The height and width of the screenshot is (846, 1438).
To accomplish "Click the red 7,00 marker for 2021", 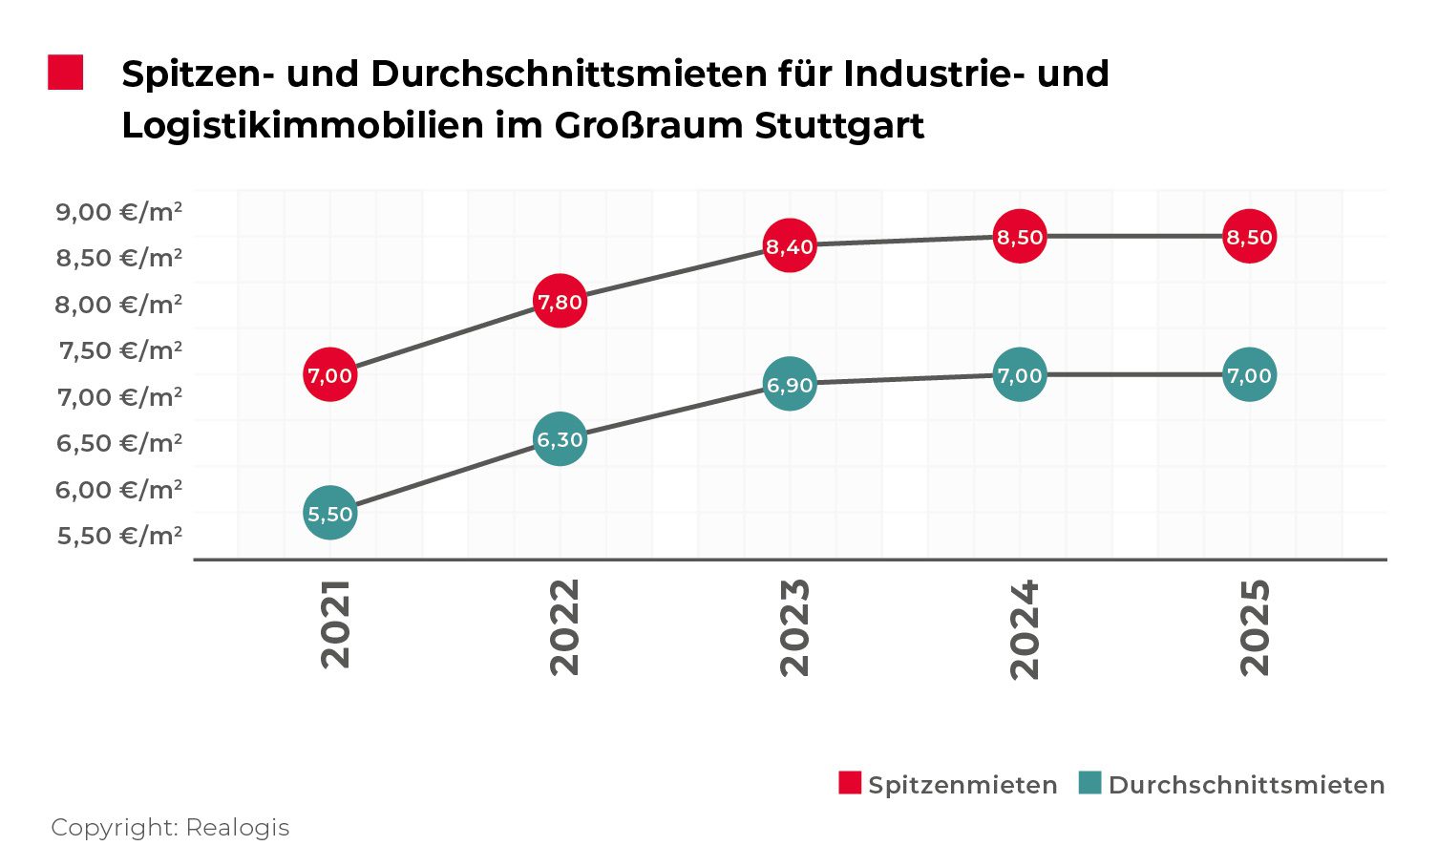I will tap(330, 375).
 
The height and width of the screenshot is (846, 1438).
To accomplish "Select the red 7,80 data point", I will tap(560, 302).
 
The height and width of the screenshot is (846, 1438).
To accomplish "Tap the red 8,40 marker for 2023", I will tap(790, 246).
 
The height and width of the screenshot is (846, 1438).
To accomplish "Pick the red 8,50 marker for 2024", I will tap(1020, 236).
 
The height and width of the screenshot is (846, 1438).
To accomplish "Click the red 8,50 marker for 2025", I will tap(1249, 236).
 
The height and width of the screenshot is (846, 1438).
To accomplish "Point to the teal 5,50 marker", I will tap(330, 514).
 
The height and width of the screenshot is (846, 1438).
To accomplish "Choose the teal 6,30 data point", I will tap(560, 439).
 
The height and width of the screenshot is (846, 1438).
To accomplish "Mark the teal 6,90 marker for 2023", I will tap(790, 384).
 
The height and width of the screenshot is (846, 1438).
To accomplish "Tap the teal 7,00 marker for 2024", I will tap(1020, 375).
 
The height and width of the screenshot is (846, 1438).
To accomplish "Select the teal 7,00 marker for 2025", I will tap(1249, 375).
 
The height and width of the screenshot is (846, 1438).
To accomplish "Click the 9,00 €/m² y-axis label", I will tap(119, 211).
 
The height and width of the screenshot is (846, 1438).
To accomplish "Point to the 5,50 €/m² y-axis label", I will tap(119, 536).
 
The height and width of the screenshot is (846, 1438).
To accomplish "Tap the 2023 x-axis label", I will tap(794, 626).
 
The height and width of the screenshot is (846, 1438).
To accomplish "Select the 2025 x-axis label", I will tap(1255, 626).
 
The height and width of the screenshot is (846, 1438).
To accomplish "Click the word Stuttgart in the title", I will tap(839, 126).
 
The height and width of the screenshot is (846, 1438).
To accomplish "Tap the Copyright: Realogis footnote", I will tap(170, 827).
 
